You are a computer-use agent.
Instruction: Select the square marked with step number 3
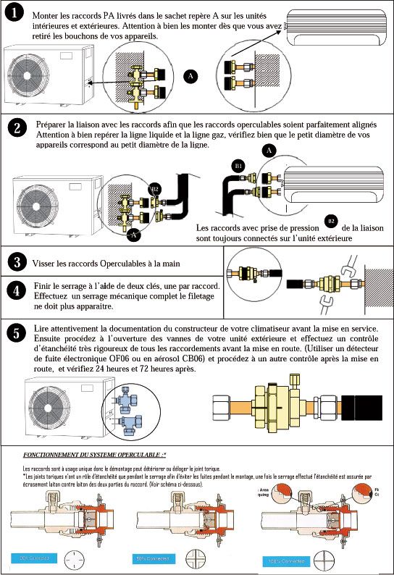tap(16, 262)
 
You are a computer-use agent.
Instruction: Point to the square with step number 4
tap(16, 292)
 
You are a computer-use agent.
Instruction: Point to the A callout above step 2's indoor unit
tap(269, 150)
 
